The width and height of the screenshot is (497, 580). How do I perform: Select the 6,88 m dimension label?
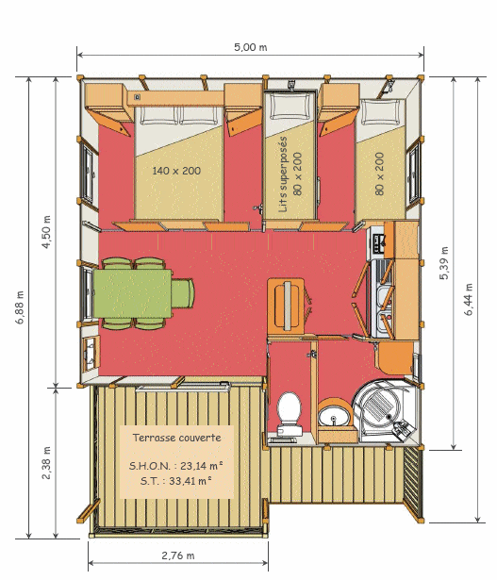(20, 307)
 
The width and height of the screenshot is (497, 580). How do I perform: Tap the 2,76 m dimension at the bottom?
(177, 555)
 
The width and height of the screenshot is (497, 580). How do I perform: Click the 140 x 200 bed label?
(176, 171)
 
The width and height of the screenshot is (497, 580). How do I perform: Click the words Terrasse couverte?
(178, 439)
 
